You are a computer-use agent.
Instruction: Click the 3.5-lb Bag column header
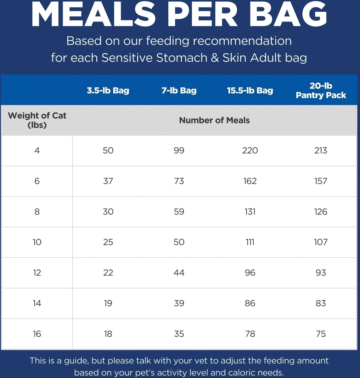[x=108, y=90]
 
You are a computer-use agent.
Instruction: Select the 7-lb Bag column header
[x=179, y=90]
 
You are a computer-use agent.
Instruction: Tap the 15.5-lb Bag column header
[x=250, y=90]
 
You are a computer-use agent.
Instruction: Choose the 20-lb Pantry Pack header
[x=321, y=90]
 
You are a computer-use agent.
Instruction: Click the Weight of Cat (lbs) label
[x=37, y=120]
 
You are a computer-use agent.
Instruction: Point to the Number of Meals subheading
[x=214, y=120]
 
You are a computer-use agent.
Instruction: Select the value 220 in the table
[x=250, y=150]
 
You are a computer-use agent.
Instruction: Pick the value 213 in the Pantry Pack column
[x=321, y=150]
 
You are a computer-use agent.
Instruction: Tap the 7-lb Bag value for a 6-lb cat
[x=179, y=181]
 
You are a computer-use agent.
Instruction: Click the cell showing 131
[x=250, y=211]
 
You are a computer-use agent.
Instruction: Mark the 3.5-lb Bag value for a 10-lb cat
[x=108, y=242]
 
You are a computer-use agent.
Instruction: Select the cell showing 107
[x=321, y=242]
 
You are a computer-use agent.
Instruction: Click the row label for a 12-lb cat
[x=37, y=272]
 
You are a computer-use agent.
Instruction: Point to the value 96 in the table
[x=250, y=272]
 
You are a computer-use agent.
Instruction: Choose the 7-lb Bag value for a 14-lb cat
[x=179, y=303]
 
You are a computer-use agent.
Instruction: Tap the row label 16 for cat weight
[x=37, y=334]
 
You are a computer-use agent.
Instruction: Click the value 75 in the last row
[x=321, y=334]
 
